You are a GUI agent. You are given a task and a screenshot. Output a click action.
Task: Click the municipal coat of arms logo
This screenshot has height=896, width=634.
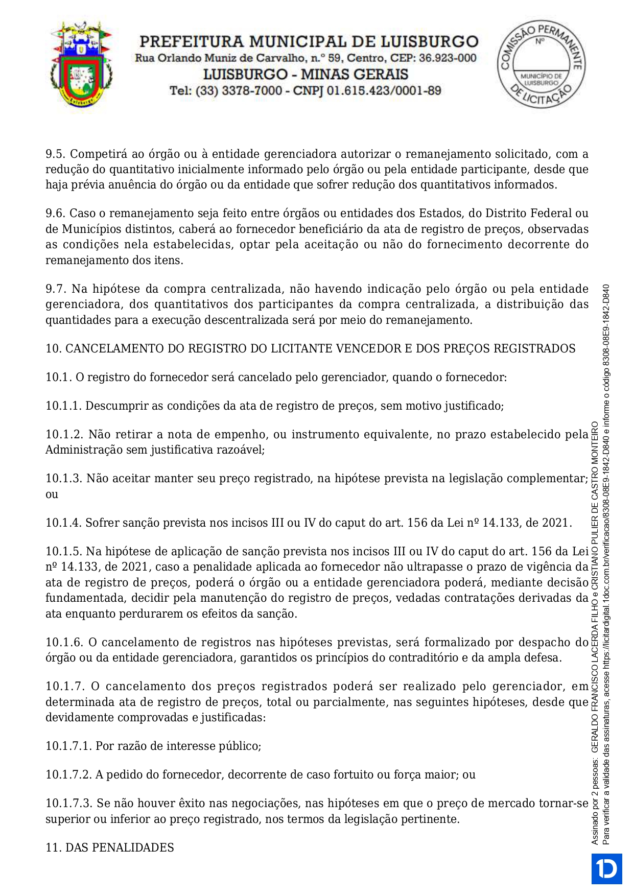(82, 63)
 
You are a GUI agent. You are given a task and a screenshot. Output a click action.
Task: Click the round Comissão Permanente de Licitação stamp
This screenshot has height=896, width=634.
(541, 64)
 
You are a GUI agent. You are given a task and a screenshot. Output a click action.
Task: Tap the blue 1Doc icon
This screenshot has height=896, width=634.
(607, 868)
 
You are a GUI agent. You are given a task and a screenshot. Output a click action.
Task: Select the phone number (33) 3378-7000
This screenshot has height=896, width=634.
(239, 91)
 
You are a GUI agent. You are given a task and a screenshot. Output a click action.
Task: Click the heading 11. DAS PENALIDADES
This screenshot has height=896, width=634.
(110, 847)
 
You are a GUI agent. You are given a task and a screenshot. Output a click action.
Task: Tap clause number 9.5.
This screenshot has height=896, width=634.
(56, 154)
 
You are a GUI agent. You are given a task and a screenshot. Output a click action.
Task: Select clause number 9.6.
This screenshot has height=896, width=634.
(56, 213)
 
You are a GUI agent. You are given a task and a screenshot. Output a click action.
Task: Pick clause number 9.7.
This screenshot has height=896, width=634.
(56, 289)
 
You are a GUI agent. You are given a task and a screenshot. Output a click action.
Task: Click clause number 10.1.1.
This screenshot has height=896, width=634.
(63, 406)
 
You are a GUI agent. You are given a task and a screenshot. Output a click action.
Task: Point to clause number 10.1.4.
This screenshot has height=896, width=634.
(63, 523)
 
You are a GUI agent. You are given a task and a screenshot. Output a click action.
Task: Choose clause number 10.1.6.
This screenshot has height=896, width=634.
(63, 642)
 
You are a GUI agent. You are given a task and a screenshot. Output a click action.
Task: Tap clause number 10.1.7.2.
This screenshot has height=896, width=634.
(68, 774)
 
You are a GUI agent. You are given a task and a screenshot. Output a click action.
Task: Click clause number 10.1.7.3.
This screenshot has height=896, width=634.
(68, 803)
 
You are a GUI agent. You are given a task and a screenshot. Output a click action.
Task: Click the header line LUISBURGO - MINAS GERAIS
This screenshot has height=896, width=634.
(306, 75)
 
